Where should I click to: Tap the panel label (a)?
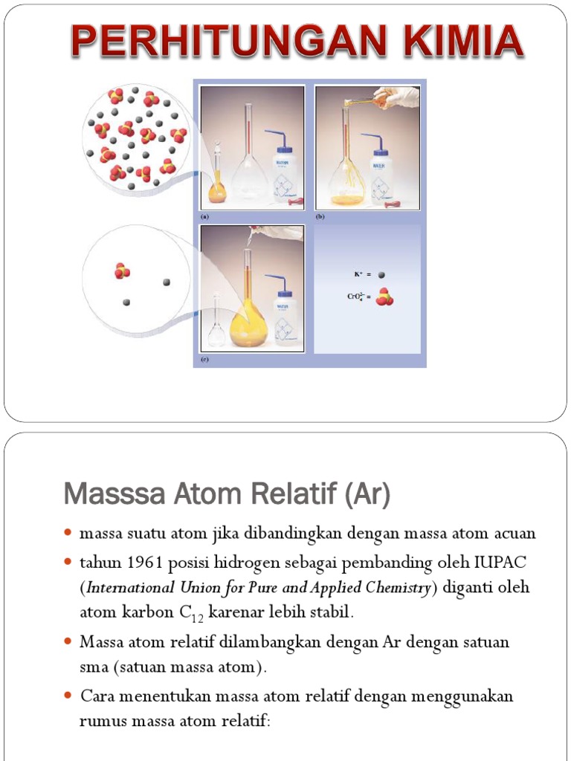click(204, 216)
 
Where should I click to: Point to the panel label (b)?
click(320, 216)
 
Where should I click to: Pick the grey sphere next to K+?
click(382, 274)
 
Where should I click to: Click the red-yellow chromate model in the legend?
click(384, 297)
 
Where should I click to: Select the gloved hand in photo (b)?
click(398, 97)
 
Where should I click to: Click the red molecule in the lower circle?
click(123, 271)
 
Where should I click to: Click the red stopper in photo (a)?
click(296, 201)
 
